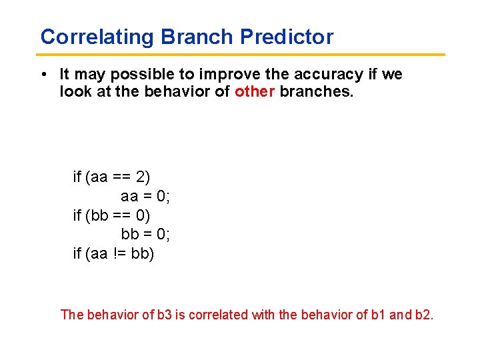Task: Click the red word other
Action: [255, 91]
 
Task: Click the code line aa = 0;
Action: [145, 196]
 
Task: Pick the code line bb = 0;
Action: [145, 235]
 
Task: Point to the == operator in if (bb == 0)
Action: [121, 215]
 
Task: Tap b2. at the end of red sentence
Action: [423, 314]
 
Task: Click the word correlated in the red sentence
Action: [219, 314]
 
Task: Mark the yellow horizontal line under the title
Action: [240, 55]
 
